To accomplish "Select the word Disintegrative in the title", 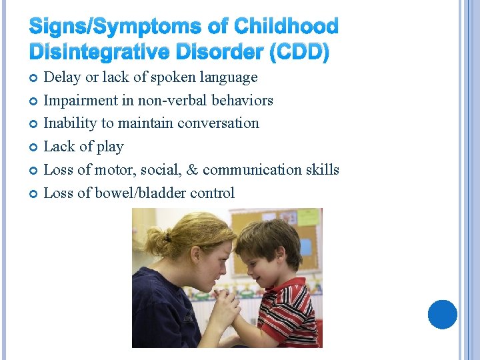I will (95, 52).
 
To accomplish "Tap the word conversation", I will (220, 123).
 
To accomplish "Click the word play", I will (109, 147).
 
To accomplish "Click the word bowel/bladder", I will (129, 193).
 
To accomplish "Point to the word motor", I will (113, 170).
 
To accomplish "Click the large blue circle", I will (442, 314).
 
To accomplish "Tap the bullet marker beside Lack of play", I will (33, 147).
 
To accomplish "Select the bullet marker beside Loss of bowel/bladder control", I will (33, 194).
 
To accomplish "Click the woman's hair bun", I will (155, 236).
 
